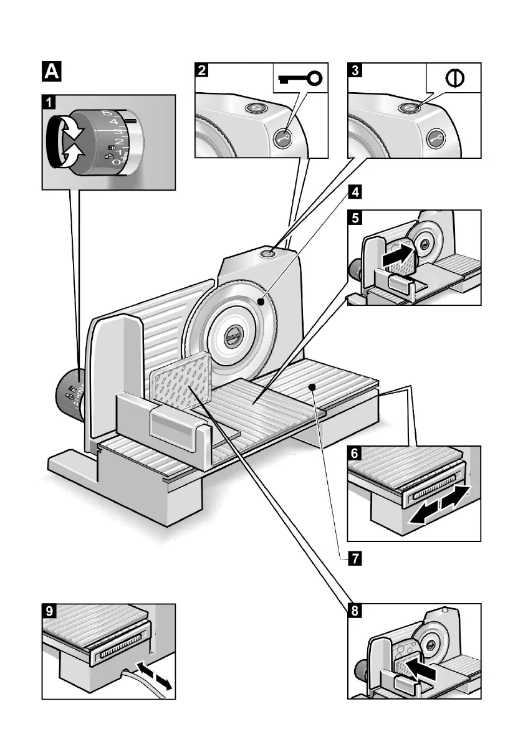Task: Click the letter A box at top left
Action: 51,72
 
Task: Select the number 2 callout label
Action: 201,70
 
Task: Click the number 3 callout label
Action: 355,70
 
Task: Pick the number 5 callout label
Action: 354,217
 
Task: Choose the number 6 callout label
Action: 354,454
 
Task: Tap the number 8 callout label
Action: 353,611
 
